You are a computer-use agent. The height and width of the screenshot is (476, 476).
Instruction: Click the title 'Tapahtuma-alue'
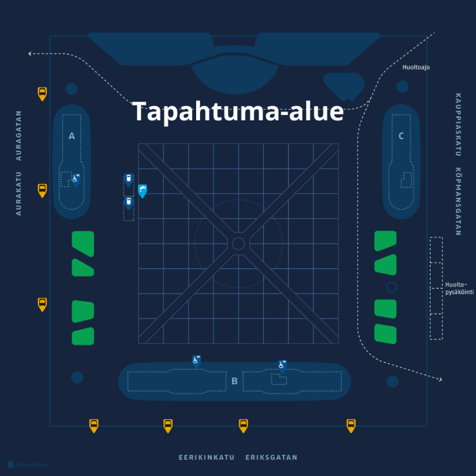tap(237, 112)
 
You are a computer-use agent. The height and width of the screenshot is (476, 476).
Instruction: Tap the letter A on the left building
tap(72, 136)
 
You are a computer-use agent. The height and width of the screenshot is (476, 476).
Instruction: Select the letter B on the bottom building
tap(234, 381)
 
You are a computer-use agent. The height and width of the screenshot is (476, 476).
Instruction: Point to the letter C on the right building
tap(401, 136)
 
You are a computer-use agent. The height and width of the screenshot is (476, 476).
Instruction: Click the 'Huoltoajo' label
tap(416, 67)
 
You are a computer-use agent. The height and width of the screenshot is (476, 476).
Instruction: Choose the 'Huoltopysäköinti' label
tap(460, 288)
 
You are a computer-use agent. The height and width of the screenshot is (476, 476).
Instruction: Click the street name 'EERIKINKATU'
tap(206, 458)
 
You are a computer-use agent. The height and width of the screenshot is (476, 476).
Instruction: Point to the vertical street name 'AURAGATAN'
tap(19, 135)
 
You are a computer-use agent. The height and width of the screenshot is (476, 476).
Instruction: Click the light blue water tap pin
tap(142, 191)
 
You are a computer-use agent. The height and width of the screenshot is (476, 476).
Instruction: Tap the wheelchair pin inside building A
tap(75, 179)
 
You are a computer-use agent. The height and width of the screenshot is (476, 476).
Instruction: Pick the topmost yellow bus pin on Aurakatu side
tap(42, 93)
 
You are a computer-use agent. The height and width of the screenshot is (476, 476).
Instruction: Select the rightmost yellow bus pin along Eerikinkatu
tap(351, 425)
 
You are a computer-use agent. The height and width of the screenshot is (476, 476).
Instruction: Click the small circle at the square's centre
tap(238, 243)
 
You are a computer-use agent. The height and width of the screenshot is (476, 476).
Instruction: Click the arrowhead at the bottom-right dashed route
tap(439, 379)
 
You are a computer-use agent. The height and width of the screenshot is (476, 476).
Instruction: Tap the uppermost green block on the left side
tap(83, 241)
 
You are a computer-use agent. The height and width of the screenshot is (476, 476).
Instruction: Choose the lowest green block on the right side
tap(385, 333)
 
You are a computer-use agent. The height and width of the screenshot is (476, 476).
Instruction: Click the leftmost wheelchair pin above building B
tap(196, 360)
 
